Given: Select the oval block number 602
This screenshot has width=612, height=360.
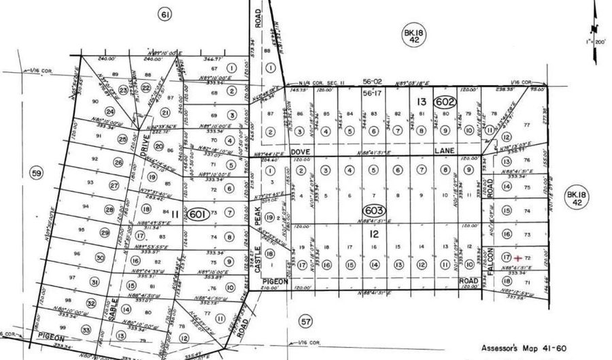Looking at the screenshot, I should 446,100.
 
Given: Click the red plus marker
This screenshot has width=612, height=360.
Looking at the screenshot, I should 518,258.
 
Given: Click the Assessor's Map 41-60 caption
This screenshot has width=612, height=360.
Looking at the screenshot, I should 522,347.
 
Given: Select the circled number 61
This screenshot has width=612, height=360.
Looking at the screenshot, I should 163,14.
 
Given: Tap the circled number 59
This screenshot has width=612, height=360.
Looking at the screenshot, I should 36,174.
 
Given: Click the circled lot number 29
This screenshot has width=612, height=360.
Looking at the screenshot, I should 105,233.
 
